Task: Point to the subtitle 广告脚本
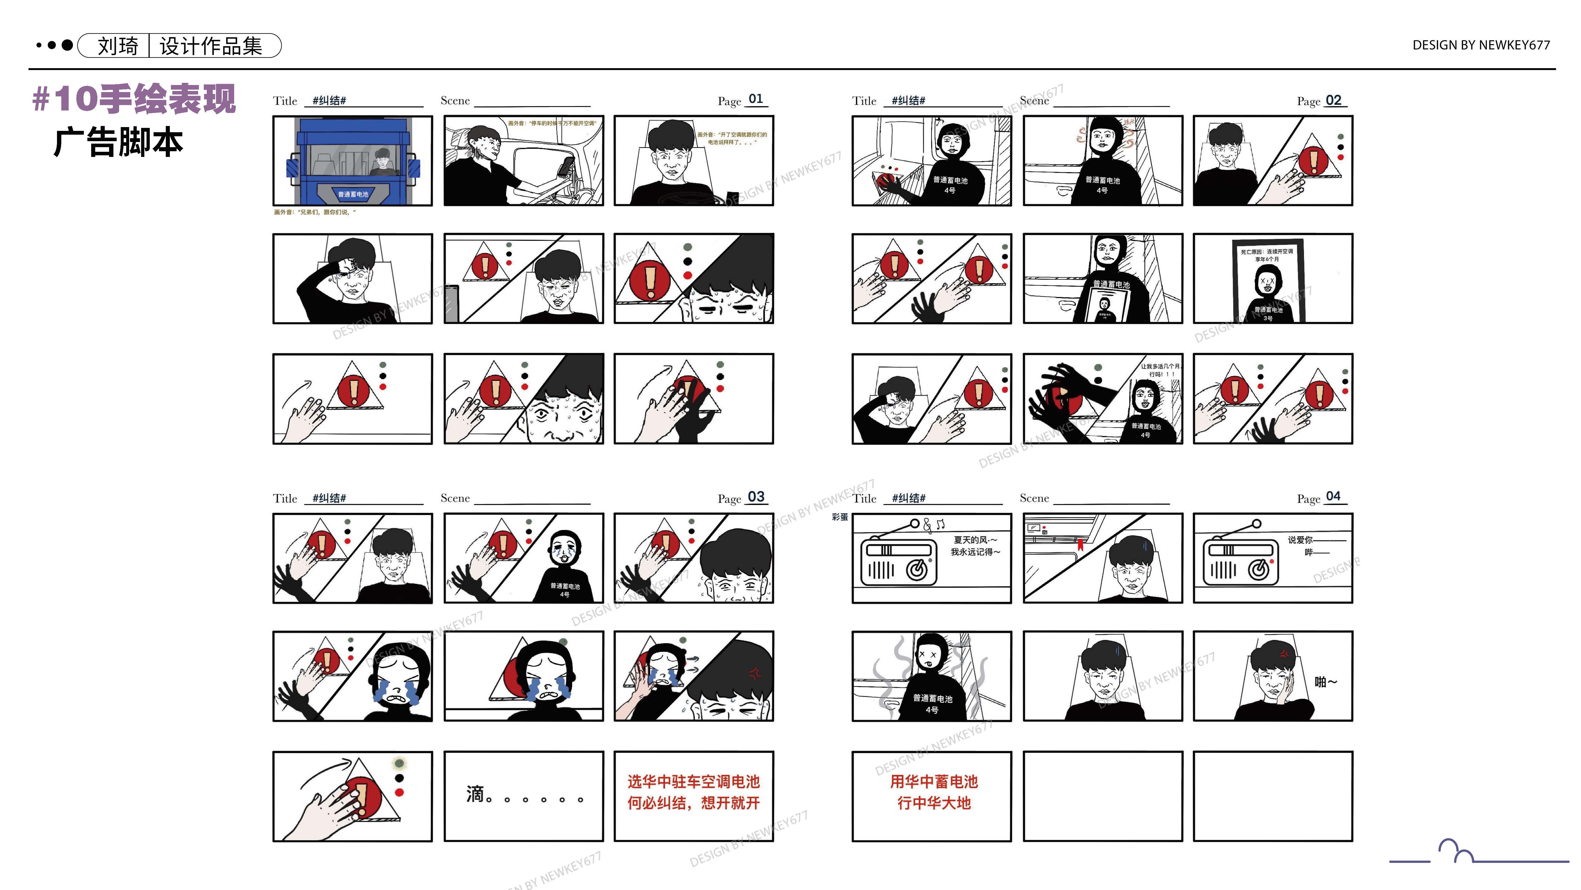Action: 119,143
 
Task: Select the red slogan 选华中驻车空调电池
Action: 693,781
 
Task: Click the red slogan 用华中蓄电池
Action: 934,781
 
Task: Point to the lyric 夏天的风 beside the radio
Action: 975,540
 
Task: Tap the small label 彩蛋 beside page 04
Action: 839,517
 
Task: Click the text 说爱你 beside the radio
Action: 1300,540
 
